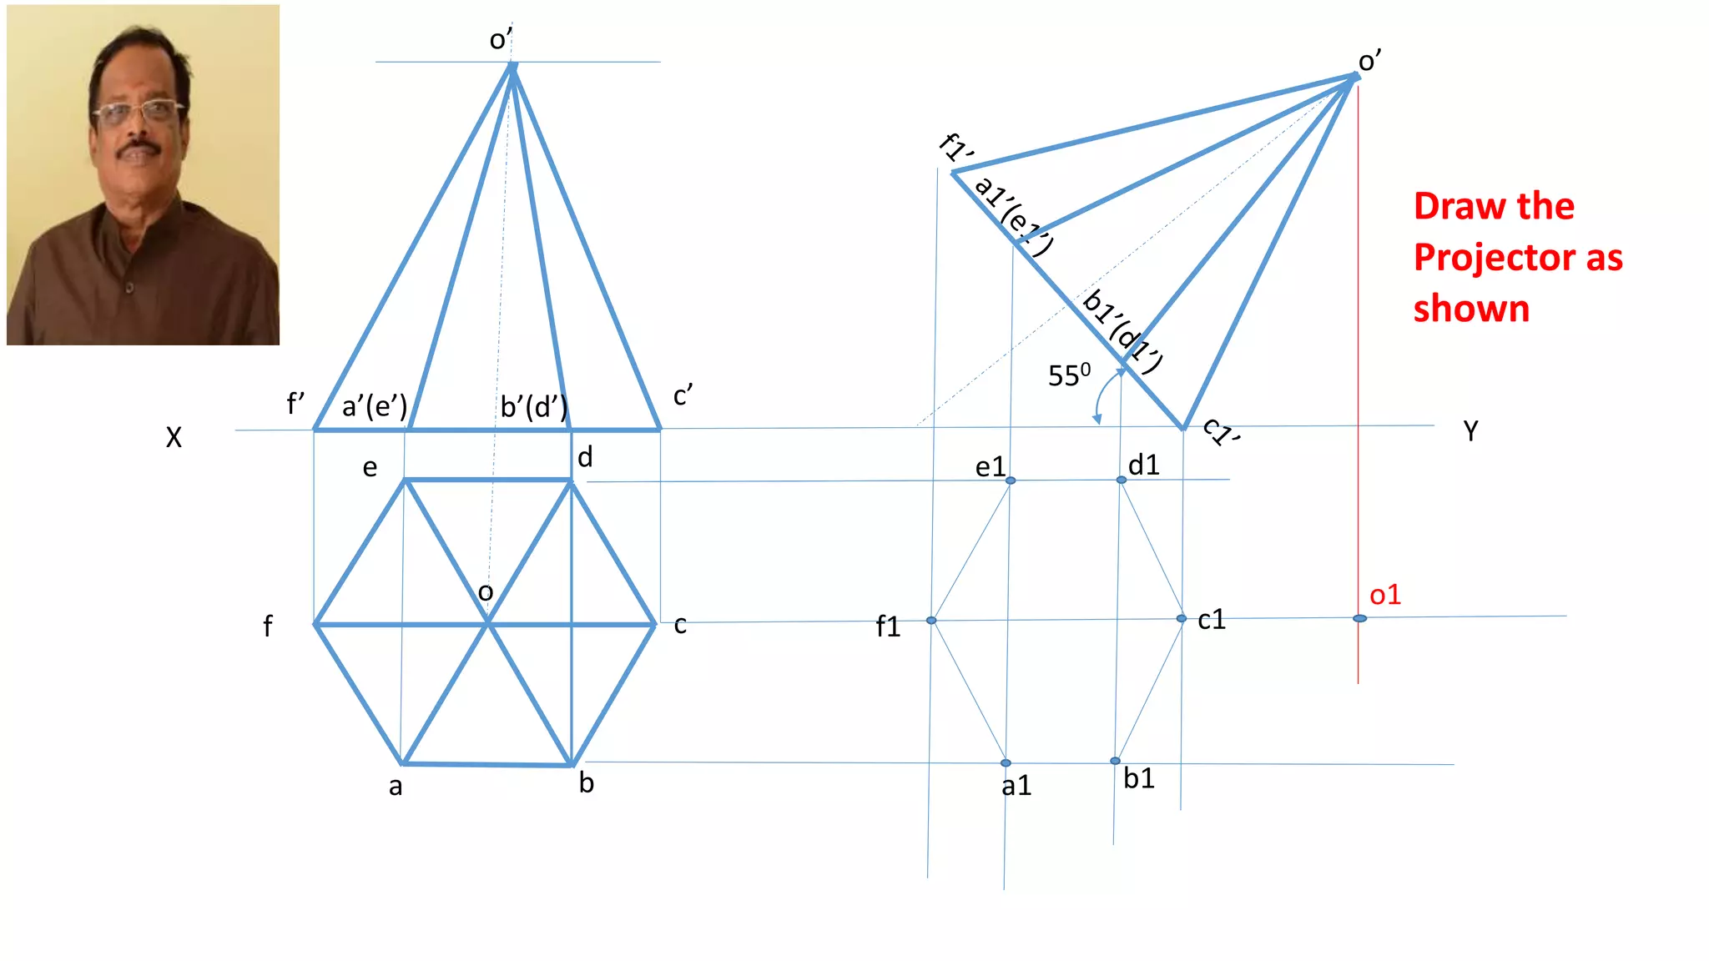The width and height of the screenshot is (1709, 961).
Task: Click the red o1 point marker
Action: tap(1359, 618)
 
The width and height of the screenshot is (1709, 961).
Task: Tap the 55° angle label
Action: tap(1068, 375)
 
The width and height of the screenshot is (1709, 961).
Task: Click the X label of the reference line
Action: tap(174, 437)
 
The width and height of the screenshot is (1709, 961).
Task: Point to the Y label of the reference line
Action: tap(1470, 431)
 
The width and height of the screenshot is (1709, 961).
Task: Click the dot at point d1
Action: tap(1121, 480)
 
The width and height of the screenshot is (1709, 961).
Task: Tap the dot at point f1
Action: tap(931, 620)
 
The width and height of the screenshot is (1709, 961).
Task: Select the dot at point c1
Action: tap(1181, 618)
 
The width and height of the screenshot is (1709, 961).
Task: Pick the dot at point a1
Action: tap(1006, 762)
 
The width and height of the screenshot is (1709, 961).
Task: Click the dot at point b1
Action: tap(1115, 761)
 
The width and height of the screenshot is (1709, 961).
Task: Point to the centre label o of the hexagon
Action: tap(486, 592)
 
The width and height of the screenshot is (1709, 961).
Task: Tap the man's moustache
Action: tap(139, 151)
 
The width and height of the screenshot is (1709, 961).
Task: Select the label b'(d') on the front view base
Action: tap(533, 407)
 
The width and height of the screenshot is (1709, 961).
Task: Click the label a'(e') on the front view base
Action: tap(375, 407)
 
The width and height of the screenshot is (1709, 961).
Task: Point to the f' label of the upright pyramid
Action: tap(295, 405)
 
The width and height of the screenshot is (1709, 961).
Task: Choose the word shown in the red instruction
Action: tap(1471, 309)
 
